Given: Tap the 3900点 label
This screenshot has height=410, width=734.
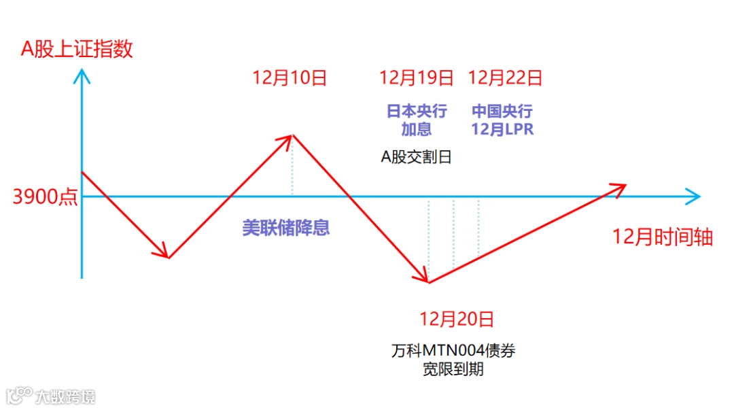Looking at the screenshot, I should click(45, 197).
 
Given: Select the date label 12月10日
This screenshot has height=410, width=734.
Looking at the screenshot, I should click(290, 78).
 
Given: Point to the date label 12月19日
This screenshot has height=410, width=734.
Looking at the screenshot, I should click(417, 78).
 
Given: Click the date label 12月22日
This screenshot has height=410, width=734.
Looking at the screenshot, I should click(506, 78).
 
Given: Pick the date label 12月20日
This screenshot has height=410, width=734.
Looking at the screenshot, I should click(457, 318).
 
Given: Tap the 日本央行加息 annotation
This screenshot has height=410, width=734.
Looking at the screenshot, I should click(417, 120).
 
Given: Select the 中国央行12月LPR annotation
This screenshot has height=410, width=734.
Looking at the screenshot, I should click(503, 120).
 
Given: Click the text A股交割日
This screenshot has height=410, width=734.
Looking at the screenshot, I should click(417, 157).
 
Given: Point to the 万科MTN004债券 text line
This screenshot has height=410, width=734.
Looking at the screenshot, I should click(453, 352).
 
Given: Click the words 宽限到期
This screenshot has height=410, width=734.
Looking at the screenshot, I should click(453, 370).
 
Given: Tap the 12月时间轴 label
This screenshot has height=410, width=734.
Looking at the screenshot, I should click(663, 237).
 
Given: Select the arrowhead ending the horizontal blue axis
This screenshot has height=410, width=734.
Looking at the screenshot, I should click(694, 197).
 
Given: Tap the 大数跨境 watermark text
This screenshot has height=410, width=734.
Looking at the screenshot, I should click(65, 396).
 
